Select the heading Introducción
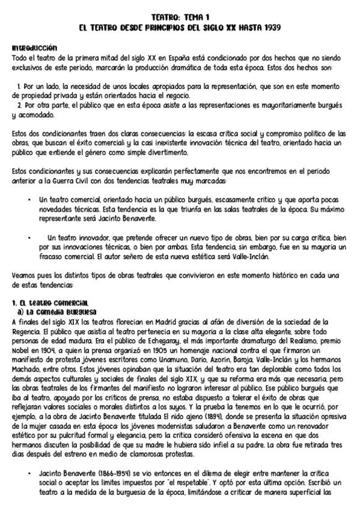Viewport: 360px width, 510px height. click(x=34, y=47)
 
